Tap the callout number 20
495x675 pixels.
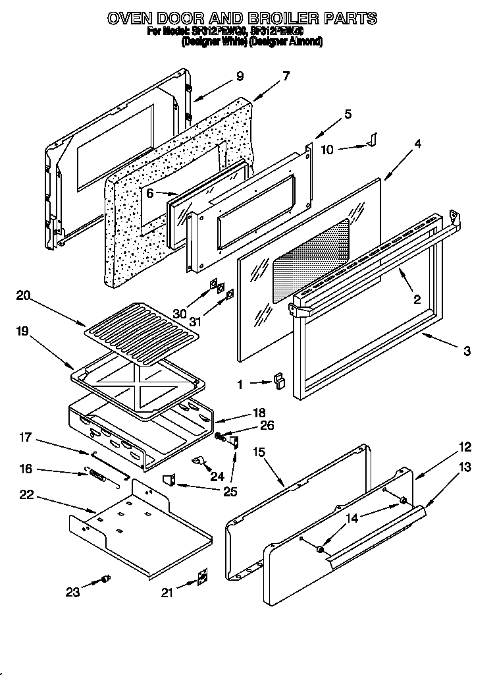click(x=23, y=296)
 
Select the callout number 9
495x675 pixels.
click(x=239, y=76)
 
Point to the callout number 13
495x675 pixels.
click(x=465, y=467)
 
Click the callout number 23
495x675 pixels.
click(x=72, y=592)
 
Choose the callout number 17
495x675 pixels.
click(x=25, y=436)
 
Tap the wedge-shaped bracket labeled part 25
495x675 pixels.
click(x=169, y=481)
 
